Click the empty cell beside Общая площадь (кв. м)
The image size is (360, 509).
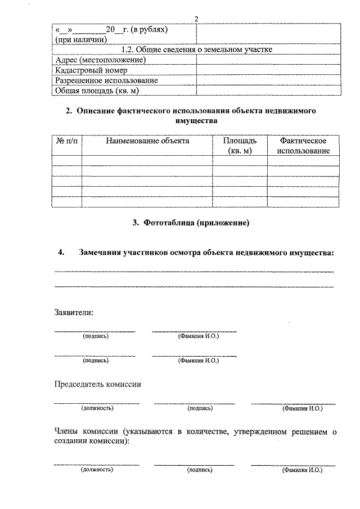point(267,91)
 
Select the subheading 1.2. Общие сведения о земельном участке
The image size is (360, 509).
point(197,50)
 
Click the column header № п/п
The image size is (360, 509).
point(67,141)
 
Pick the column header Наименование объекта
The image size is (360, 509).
point(147,141)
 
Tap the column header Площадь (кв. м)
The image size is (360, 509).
point(240,146)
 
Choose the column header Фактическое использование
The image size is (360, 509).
point(304,146)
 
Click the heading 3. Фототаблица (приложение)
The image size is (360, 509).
point(191,223)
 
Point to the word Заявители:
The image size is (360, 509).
point(74,312)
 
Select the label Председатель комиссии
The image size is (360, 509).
point(97,384)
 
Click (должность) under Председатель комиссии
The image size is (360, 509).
point(97,408)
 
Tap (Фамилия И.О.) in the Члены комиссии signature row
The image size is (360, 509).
point(302,469)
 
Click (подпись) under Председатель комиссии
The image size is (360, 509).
point(200,408)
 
